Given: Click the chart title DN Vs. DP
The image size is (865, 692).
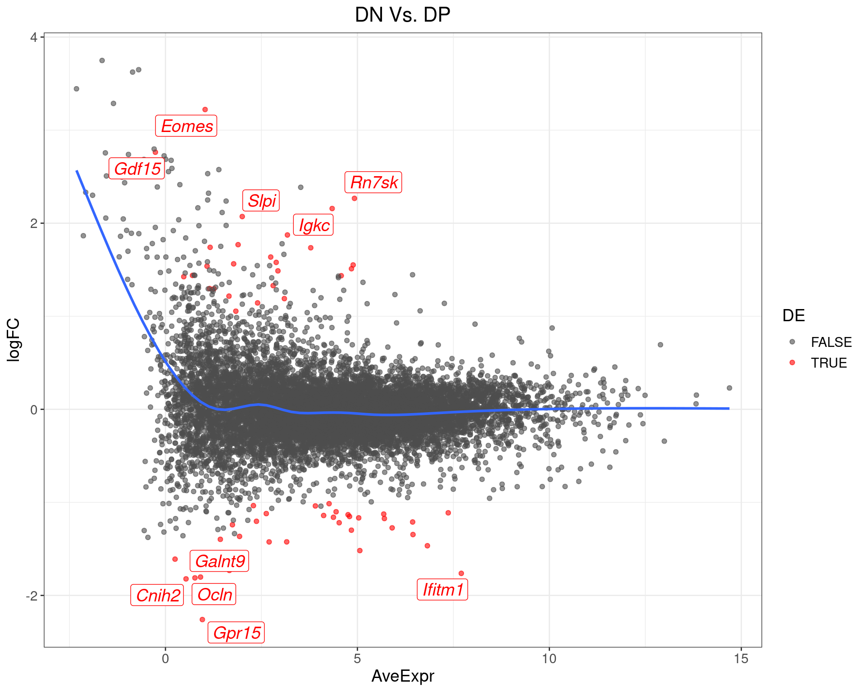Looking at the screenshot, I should pyautogui.click(x=402, y=15).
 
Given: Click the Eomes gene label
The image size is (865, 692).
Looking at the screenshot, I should pyautogui.click(x=187, y=126).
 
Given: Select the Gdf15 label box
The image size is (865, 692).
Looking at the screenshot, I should pyautogui.click(x=137, y=169).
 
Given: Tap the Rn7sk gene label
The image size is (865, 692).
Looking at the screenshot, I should pyautogui.click(x=373, y=182).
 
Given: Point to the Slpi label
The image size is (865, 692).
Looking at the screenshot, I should pyautogui.click(x=261, y=200).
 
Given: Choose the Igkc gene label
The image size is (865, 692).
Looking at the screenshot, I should pyautogui.click(x=314, y=225).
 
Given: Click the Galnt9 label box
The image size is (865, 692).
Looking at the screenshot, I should pyautogui.click(x=219, y=561).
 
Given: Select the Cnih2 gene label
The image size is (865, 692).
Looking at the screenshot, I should pyautogui.click(x=157, y=596).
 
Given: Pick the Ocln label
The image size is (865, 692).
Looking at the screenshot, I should pyautogui.click(x=214, y=595).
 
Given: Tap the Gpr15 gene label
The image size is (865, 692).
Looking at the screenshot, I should pyautogui.click(x=236, y=633).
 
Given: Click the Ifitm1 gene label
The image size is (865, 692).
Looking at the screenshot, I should pyautogui.click(x=442, y=590).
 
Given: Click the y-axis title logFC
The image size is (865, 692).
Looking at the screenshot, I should pyautogui.click(x=14, y=340).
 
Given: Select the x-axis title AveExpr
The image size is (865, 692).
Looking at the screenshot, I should pyautogui.click(x=402, y=676).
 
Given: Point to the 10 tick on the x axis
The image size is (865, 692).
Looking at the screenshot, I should pyautogui.click(x=549, y=659).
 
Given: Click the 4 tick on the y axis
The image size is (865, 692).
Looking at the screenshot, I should pyautogui.click(x=33, y=37).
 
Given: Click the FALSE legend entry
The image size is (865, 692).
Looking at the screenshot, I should pyautogui.click(x=831, y=342).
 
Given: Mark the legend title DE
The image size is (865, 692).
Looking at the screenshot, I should pyautogui.click(x=793, y=316).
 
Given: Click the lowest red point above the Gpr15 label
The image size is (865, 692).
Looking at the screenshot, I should pyautogui.click(x=202, y=619).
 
